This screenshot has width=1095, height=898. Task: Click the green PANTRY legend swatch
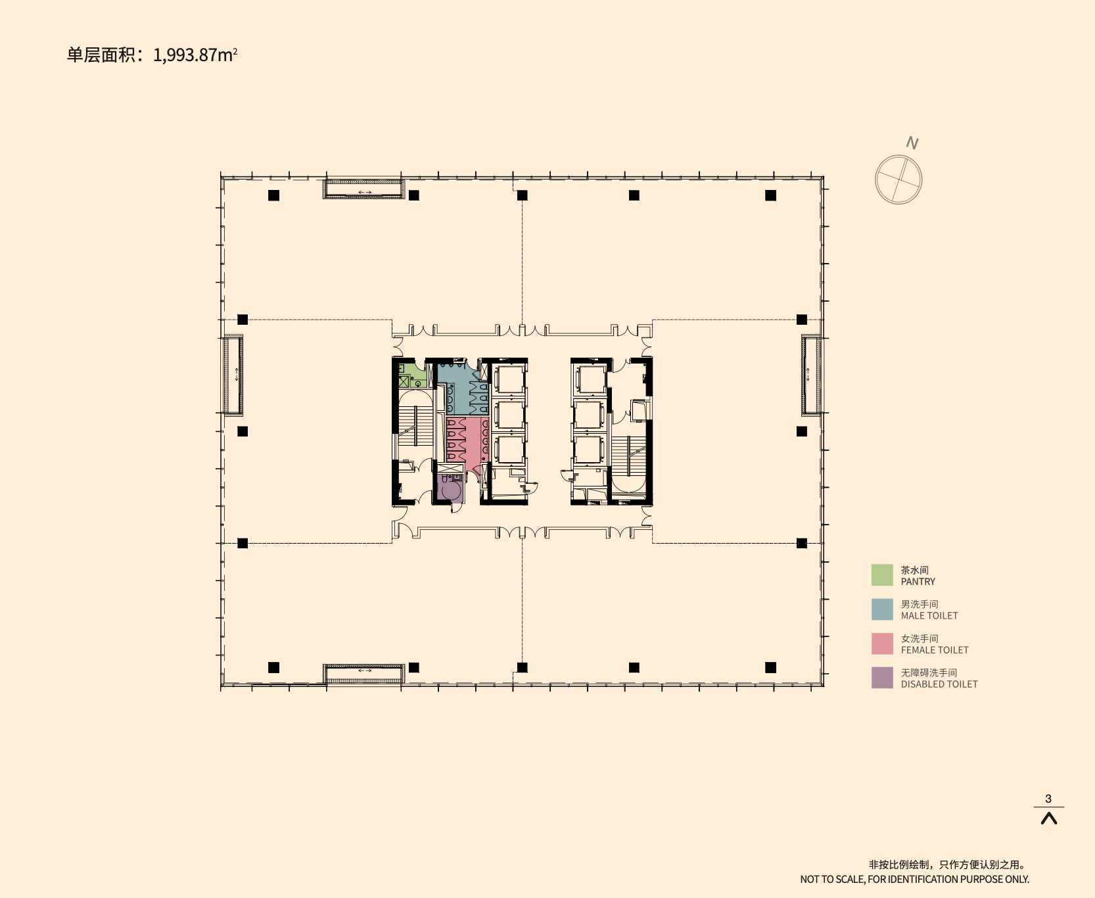pos(882,575)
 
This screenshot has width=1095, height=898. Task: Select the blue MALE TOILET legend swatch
pos(882,609)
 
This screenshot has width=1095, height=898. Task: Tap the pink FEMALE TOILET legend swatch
pos(882,644)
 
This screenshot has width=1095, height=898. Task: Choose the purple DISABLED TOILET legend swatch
pos(882,678)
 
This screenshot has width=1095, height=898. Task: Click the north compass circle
pos(898,179)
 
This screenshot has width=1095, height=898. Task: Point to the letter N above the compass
pos(912,143)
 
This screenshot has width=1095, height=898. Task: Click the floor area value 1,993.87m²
pos(195,55)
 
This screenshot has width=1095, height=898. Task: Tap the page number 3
pos(1048,799)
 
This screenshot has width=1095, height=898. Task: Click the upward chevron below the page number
pos(1049,818)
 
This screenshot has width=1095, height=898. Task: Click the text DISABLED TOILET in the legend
pos(939,684)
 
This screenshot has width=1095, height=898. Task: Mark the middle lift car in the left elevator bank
pos(509,415)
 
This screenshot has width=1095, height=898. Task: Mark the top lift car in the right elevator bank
pos(590,380)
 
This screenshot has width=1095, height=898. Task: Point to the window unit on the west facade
pos(233,375)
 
